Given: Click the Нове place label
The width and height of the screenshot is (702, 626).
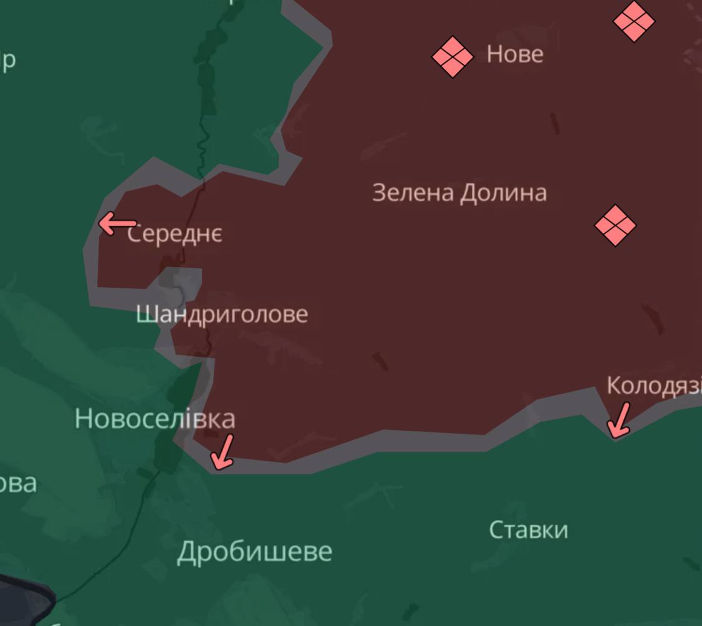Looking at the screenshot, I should pos(515,55).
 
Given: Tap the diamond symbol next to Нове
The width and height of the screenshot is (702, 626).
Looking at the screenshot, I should pos(453,57).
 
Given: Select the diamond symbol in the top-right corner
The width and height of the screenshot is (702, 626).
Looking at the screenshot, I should pos(634,21).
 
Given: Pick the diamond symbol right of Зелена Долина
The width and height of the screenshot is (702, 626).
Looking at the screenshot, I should pos(615,225).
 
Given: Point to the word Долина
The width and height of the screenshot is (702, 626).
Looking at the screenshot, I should pos(503,193).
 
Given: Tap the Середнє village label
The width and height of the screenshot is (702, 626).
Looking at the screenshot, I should pos(175,234).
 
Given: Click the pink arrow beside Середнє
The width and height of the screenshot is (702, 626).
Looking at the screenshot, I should pos(117,223).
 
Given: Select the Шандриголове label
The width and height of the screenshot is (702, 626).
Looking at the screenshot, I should pos(222,314).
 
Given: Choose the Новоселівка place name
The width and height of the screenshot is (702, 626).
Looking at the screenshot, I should pos(155,419).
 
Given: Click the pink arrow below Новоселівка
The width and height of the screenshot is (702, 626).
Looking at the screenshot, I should pos(223,452).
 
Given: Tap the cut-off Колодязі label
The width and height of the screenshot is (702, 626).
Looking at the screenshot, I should pos(654,386).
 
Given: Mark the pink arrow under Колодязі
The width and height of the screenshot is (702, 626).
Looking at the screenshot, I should pos(619,420).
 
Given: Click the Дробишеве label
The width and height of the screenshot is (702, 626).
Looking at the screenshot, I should pos(254,552).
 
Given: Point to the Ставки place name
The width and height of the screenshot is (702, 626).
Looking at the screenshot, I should pos(528,530).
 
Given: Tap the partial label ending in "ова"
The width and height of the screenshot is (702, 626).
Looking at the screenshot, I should pos(17,484).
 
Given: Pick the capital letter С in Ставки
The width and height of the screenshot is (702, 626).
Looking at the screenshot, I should pos(496,530).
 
